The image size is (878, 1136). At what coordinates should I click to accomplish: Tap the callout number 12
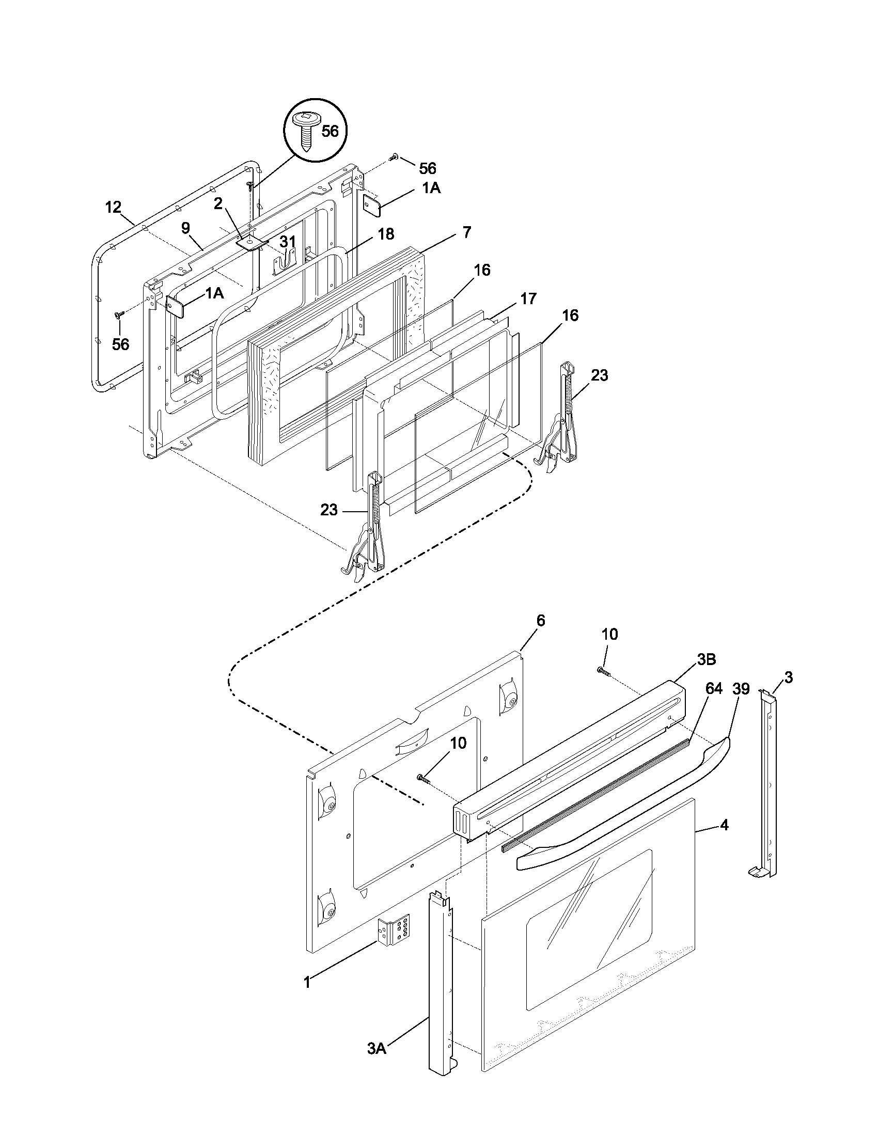pos(113,207)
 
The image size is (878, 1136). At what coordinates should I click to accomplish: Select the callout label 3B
pos(707,659)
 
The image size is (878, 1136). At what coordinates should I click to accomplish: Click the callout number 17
pos(528,298)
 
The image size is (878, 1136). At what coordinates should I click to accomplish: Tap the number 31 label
pos(288,241)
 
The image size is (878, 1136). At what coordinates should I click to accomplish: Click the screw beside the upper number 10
pos(603,671)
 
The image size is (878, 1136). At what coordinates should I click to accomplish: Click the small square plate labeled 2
pos(251,242)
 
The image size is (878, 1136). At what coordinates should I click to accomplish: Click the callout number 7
pos(466,232)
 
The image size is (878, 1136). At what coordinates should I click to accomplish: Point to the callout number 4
pos(724,825)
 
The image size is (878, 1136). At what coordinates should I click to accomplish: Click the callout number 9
pos(186,228)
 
